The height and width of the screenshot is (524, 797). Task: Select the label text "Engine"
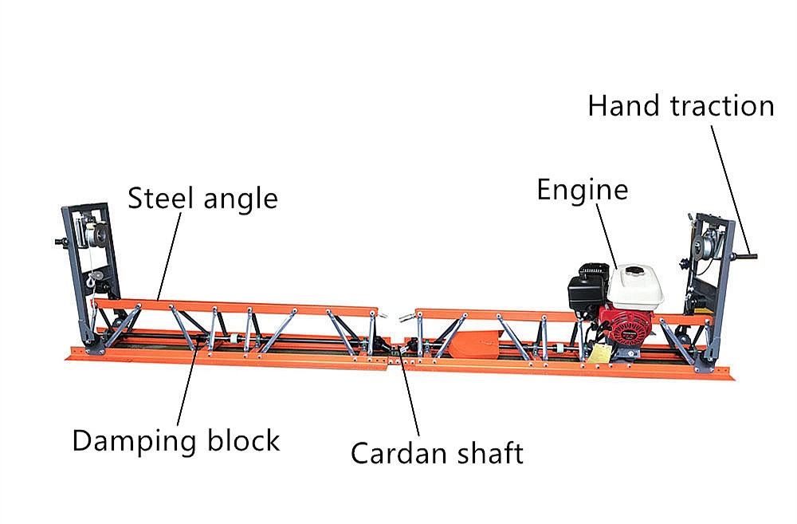[582, 191]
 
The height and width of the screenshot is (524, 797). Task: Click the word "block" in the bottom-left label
[244, 439]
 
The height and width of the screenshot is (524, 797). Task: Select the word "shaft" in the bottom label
[486, 453]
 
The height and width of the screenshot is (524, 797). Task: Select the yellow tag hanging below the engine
[599, 354]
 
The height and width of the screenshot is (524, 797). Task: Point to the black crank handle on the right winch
[746, 257]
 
